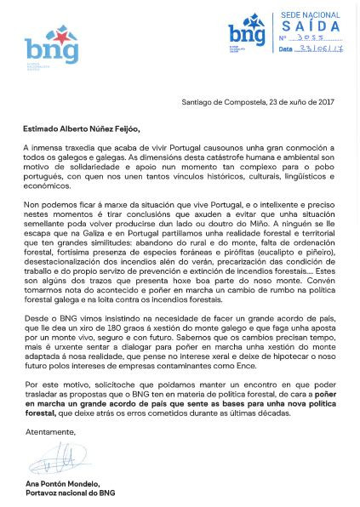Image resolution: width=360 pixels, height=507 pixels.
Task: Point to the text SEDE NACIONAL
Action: coord(310,15)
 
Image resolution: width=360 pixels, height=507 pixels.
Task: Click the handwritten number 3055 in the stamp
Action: coord(311,37)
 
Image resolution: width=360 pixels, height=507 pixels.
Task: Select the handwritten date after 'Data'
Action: coord(322,48)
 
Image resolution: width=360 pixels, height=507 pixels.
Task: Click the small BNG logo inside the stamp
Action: coord(247,32)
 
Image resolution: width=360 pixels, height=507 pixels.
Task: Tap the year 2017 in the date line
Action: coord(325,102)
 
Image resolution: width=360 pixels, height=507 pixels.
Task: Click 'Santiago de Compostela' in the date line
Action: coord(223,102)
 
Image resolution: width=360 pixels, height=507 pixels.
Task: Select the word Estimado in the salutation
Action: coord(43,129)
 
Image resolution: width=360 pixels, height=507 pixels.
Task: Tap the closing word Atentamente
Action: coord(50,432)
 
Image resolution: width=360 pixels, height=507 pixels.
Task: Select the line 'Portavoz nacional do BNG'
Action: coord(70,493)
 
